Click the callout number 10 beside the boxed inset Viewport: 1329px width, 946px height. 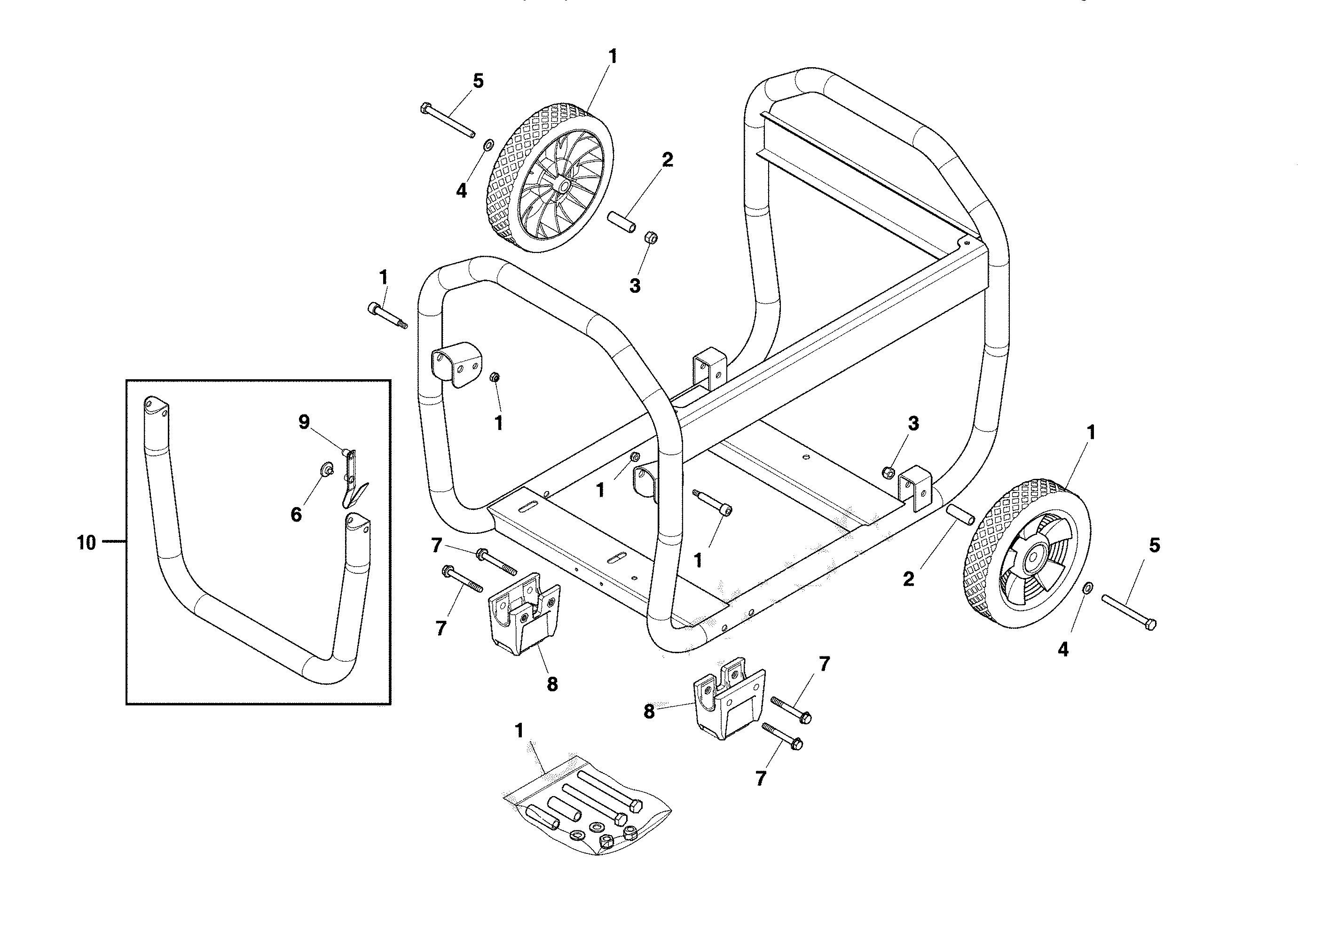(86, 543)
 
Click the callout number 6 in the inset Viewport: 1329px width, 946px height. (296, 515)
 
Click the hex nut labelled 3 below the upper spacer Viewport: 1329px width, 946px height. (652, 238)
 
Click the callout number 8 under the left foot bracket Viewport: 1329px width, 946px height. (552, 684)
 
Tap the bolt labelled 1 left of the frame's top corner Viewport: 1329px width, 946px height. (387, 315)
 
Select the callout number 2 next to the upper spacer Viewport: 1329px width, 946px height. (667, 160)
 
